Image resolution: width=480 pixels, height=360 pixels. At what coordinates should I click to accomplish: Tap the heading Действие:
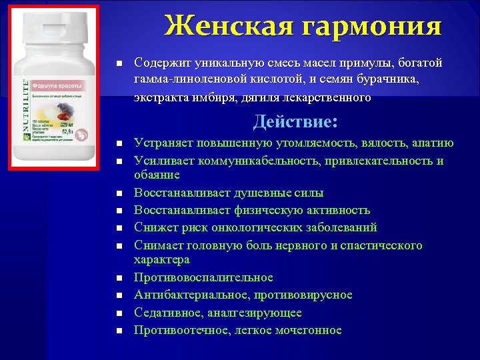pos(295,121)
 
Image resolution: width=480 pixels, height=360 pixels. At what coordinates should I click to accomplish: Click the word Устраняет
pos(162,143)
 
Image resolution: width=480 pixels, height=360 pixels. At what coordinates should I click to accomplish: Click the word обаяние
pos(157,175)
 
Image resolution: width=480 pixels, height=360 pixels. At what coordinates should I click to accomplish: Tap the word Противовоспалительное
pos(203,277)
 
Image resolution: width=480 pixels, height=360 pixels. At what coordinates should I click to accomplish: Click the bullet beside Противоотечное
pos(117,331)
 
